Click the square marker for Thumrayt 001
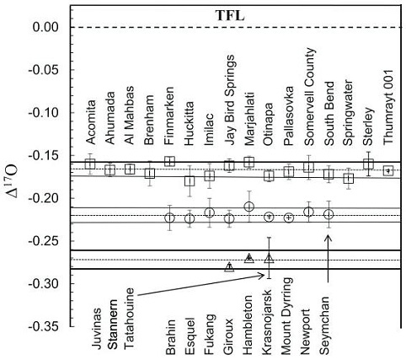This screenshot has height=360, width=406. coord(388,170)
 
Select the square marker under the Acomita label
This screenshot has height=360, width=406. coord(90,163)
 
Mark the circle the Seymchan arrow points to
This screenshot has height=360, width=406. coord(329,214)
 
